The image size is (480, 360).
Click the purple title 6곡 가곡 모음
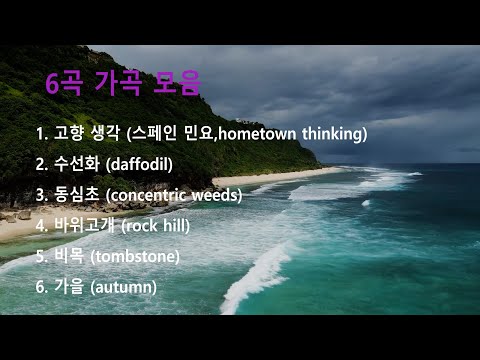click(x=123, y=83)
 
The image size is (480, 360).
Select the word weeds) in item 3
click(x=218, y=194)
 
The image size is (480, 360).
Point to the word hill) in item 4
click(x=173, y=225)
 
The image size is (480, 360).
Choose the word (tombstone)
click(x=135, y=256)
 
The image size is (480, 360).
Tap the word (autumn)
click(x=123, y=287)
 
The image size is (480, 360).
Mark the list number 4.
click(x=40, y=225)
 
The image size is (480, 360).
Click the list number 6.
click(x=40, y=287)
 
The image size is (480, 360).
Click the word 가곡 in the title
click(x=123, y=83)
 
